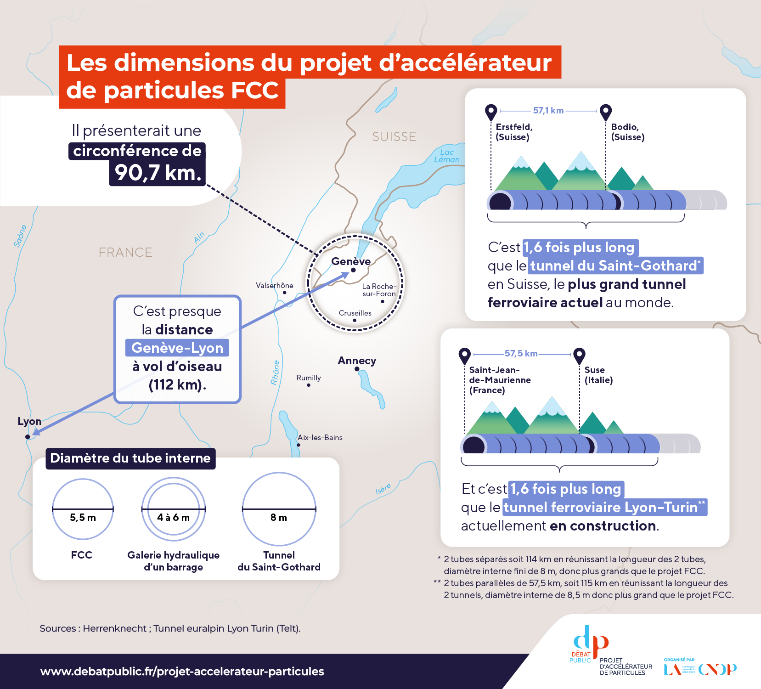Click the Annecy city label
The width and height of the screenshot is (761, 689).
357,361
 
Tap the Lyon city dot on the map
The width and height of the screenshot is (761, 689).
28,437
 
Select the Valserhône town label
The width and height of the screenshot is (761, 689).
275,285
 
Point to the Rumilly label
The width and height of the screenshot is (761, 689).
309,378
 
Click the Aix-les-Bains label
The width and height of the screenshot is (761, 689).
320,437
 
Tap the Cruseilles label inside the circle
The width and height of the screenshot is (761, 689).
355,313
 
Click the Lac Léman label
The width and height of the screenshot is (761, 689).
447,156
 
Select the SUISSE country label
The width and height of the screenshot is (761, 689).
394,136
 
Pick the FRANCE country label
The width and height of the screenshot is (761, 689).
125,252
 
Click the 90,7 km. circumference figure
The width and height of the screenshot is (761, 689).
158,173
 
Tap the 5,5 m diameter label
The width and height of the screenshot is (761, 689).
83,518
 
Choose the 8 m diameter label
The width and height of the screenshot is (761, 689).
279,518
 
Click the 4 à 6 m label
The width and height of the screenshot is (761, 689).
173,518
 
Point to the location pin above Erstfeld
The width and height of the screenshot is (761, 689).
491,112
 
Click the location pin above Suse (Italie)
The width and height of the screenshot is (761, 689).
580,355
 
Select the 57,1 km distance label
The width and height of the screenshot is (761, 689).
548,110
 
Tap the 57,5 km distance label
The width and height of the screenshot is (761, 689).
521,353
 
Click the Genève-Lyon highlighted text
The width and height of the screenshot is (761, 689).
177,348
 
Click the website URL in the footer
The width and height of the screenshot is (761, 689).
182,671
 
